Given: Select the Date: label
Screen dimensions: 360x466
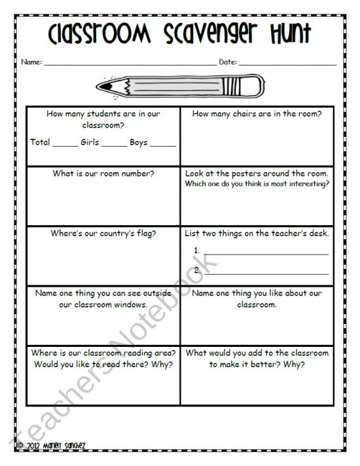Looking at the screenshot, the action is point(227,62).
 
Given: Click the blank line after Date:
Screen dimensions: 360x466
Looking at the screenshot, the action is point(288,64).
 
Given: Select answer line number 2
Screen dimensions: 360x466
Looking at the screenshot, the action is point(266,273).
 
